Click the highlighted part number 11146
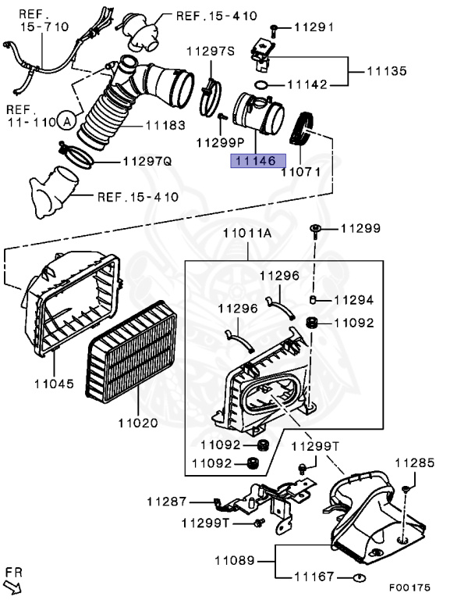(253, 162)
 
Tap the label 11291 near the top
(314, 27)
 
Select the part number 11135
(387, 71)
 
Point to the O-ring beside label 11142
(264, 84)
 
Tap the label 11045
(53, 384)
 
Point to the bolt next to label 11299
(314, 229)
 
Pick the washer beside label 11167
(359, 578)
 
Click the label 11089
(234, 559)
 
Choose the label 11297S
(211, 52)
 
